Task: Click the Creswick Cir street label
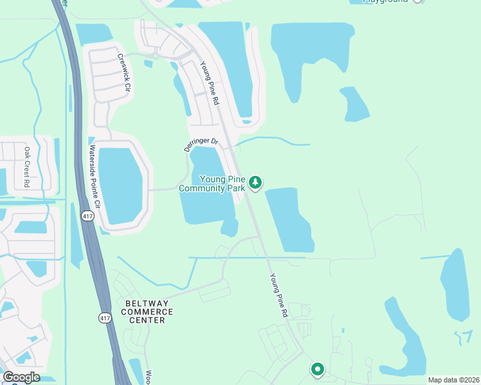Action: click(x=125, y=71)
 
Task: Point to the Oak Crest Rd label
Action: click(x=28, y=167)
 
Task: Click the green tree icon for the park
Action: click(x=256, y=183)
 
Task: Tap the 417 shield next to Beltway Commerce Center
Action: click(x=104, y=318)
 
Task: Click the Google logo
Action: click(x=21, y=377)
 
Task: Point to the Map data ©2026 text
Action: click(x=453, y=380)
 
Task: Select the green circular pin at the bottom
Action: click(x=317, y=369)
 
